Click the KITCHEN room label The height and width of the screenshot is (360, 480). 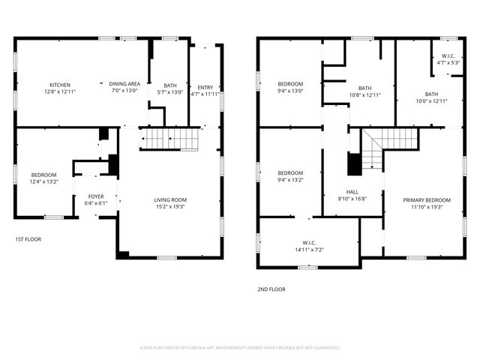tap(60, 85)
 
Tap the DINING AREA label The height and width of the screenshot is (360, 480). tap(124, 85)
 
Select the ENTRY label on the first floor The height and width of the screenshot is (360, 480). tap(205, 88)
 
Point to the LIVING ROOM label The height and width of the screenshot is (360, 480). tap(170, 199)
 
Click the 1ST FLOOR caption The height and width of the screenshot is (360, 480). tap(28, 239)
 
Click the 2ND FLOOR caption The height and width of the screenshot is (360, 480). tap(271, 289)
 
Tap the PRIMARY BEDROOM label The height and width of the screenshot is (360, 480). tap(427, 199)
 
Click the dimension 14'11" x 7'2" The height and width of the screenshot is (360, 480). tap(309, 250)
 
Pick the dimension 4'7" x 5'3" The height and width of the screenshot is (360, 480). tap(448, 63)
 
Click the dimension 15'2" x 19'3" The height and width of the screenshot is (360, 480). tap(170, 207)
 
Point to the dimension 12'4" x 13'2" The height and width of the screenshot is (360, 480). tap(43, 181)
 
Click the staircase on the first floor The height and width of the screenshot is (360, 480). tap(170, 139)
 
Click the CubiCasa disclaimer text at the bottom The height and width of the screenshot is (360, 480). tap(240, 347)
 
